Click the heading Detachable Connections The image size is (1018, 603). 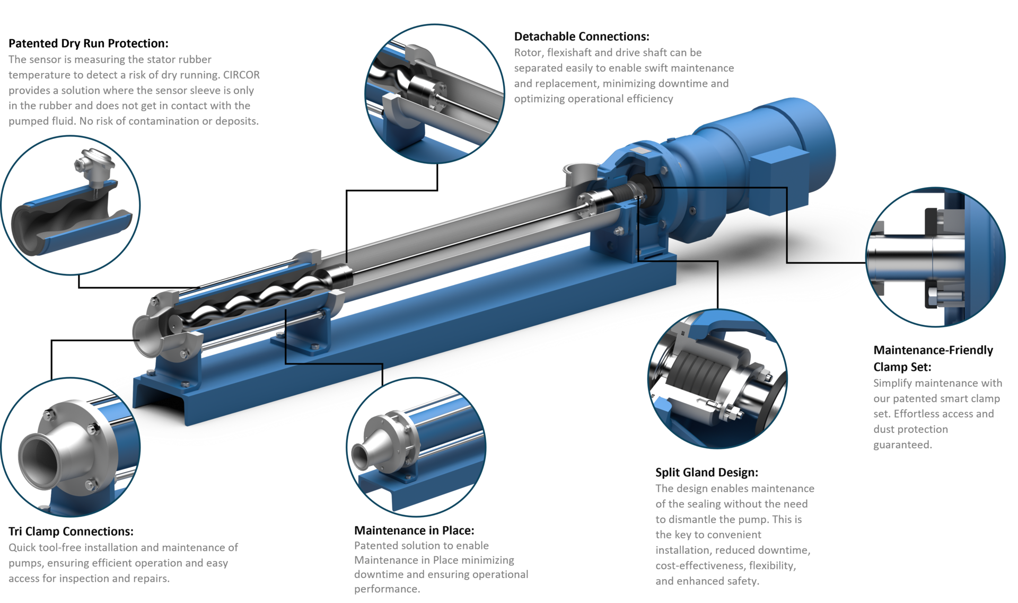click(581, 37)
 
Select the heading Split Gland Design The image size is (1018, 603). click(706, 472)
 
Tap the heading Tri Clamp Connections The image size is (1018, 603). click(71, 531)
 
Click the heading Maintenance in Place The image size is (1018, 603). click(414, 530)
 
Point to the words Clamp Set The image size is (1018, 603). click(902, 367)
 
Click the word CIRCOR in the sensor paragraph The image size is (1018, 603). click(241, 75)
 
